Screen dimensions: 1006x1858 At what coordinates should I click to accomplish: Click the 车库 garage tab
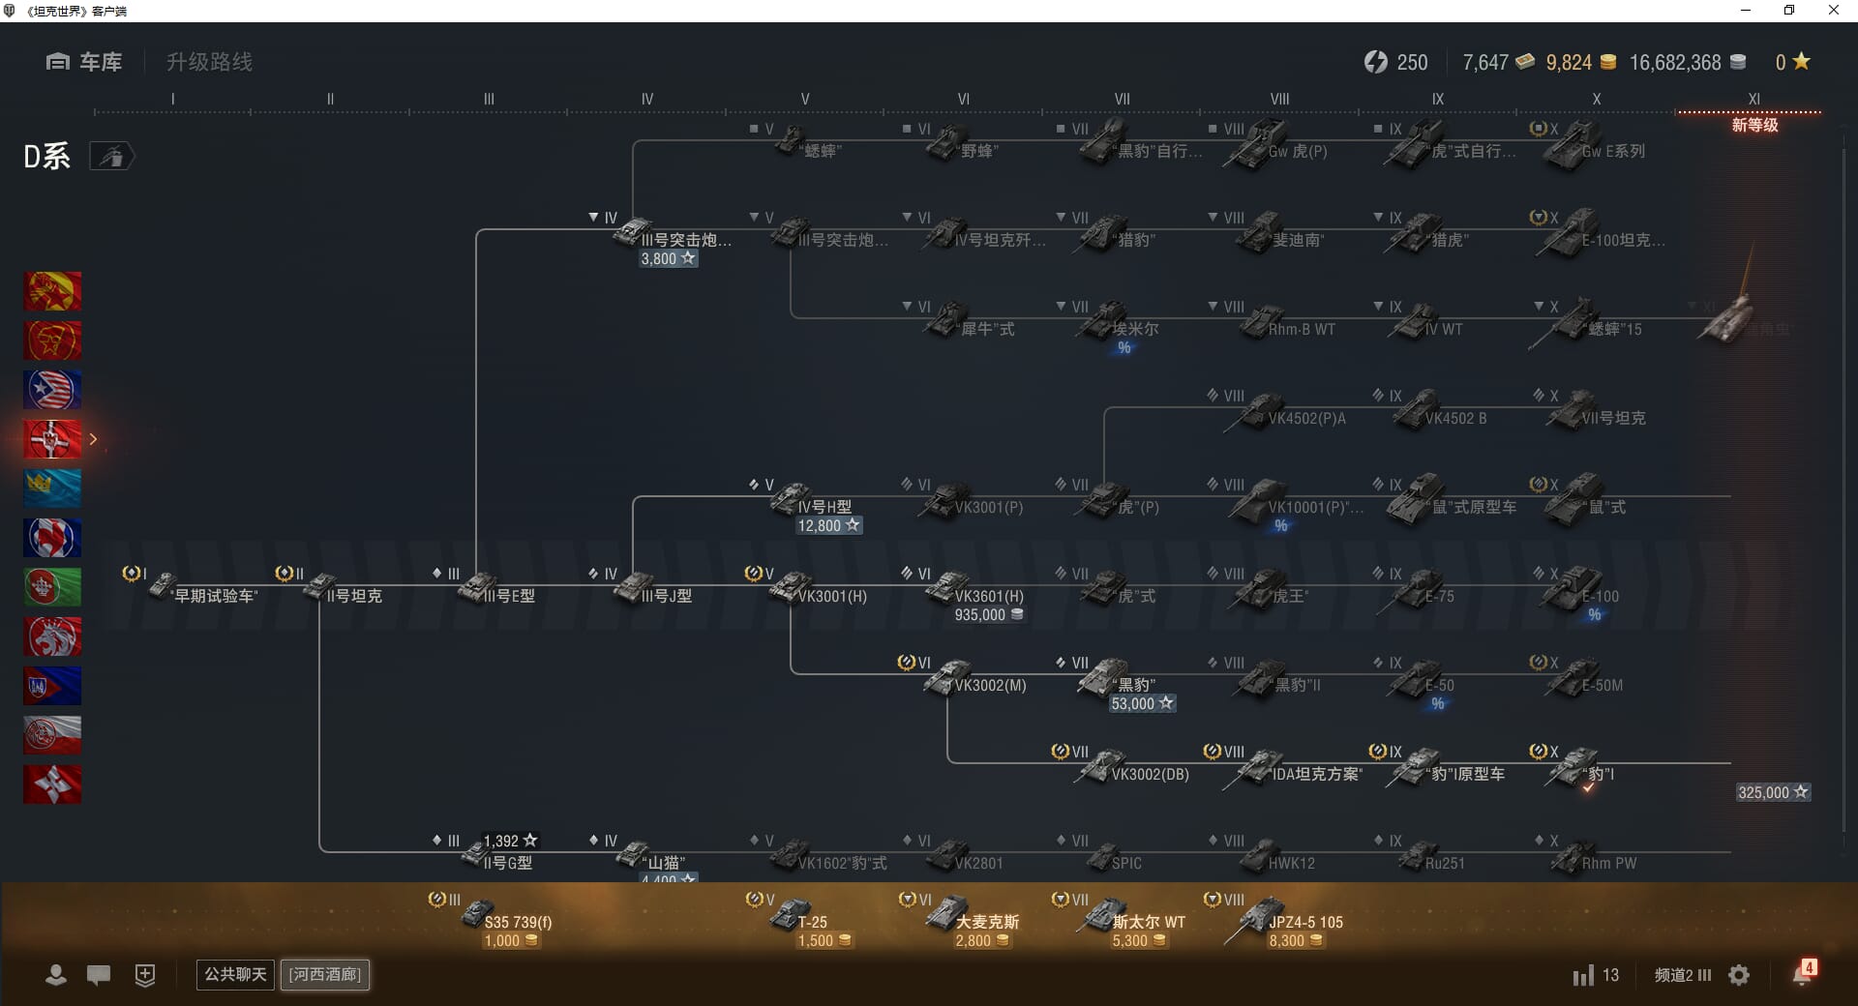pyautogui.click(x=84, y=62)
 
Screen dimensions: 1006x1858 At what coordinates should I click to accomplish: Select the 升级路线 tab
pyautogui.click(x=209, y=62)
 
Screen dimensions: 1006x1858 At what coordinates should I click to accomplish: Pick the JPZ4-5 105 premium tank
pyautogui.click(x=1287, y=919)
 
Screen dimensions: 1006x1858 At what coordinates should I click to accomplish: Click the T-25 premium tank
pyautogui.click(x=803, y=919)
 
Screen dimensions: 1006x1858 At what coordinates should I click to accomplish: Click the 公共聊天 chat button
pyautogui.click(x=235, y=974)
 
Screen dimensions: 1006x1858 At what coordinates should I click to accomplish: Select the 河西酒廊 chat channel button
pyautogui.click(x=325, y=974)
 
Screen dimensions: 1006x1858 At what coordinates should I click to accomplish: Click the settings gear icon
pyautogui.click(x=1739, y=975)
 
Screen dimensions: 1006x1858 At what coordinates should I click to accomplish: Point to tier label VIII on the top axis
pyautogui.click(x=1279, y=99)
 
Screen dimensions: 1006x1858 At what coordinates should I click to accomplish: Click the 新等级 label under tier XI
pyautogui.click(x=1754, y=125)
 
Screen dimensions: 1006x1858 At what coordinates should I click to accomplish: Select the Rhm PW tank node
pyautogui.click(x=1597, y=859)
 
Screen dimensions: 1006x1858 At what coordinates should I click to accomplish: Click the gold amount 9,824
pyautogui.click(x=1569, y=63)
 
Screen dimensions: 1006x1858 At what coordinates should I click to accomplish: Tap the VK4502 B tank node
pyautogui.click(x=1442, y=414)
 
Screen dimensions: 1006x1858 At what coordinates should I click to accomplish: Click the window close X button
pyautogui.click(x=1833, y=11)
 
